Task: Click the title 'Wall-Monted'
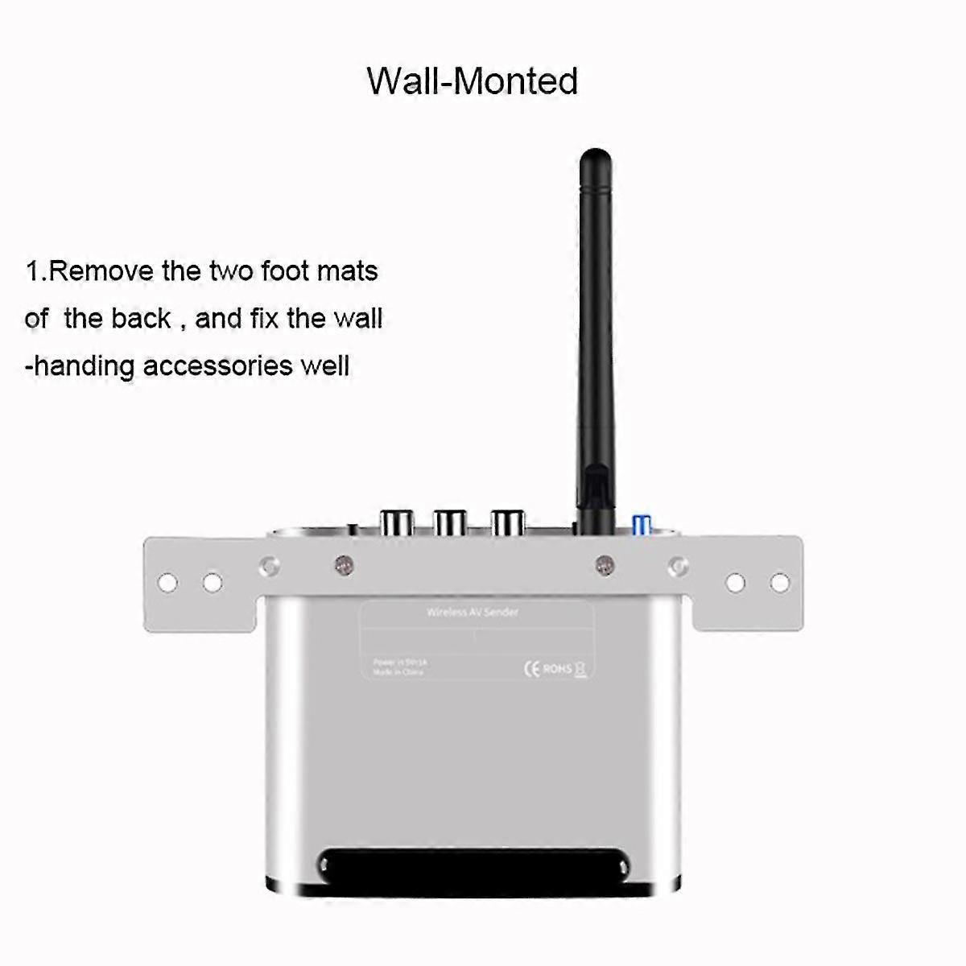click(x=473, y=80)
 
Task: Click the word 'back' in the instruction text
click(x=140, y=319)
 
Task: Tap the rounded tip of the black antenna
click(x=596, y=157)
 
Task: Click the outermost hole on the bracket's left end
click(x=167, y=581)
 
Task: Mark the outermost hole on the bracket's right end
click(x=779, y=581)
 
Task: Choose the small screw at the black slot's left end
click(x=324, y=866)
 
